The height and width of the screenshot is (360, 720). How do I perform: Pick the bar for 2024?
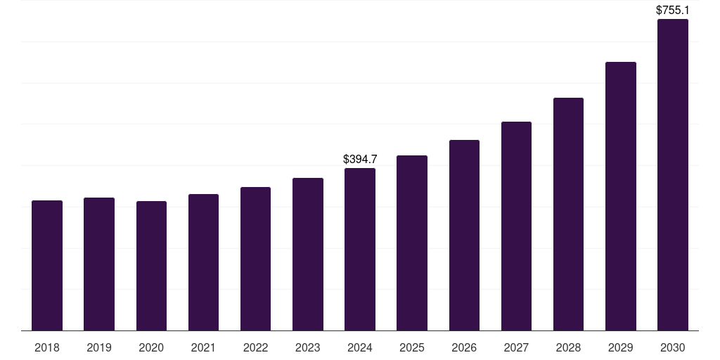pyautogui.click(x=360, y=250)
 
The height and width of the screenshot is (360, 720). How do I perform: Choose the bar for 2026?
pyautogui.click(x=464, y=236)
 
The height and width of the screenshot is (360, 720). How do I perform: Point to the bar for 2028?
pyautogui.click(x=568, y=214)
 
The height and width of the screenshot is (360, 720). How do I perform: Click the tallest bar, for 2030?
pyautogui.click(x=673, y=175)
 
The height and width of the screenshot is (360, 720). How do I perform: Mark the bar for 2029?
pyautogui.click(x=621, y=196)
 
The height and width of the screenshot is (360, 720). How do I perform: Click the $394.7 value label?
pyautogui.click(x=360, y=159)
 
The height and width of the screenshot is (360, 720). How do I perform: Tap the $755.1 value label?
pyautogui.click(x=673, y=10)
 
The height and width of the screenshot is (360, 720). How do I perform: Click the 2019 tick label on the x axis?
pyautogui.click(x=99, y=347)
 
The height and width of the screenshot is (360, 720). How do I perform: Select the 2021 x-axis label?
pyautogui.click(x=203, y=347)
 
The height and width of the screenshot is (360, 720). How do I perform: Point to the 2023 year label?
pyautogui.click(x=308, y=347)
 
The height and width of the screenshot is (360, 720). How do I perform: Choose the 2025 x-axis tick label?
pyautogui.click(x=412, y=347)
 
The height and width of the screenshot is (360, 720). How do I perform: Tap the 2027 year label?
pyautogui.click(x=516, y=347)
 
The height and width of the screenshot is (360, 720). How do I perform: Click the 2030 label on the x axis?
pyautogui.click(x=673, y=347)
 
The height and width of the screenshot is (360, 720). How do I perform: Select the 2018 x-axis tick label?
pyautogui.click(x=47, y=347)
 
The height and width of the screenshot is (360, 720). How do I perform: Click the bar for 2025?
pyautogui.click(x=412, y=243)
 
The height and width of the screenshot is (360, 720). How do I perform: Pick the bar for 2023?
pyautogui.click(x=308, y=255)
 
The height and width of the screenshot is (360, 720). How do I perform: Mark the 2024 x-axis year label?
pyautogui.click(x=360, y=347)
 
